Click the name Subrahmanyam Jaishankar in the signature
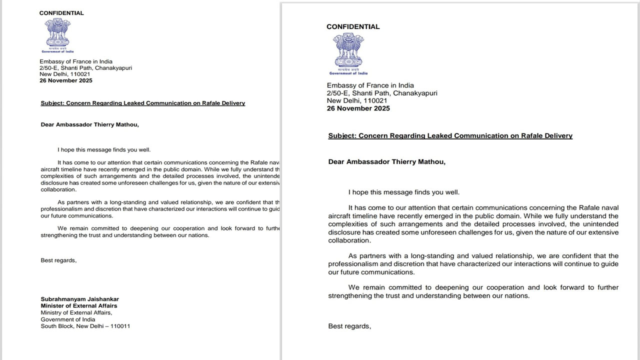pyautogui.click(x=79, y=299)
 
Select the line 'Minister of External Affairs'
pyautogui.click(x=79, y=306)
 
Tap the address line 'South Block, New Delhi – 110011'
pyautogui.click(x=85, y=326)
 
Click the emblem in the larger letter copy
pyautogui.click(x=348, y=52)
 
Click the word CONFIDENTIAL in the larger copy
pyautogui.click(x=353, y=26)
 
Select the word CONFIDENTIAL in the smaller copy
pyautogui.click(x=61, y=13)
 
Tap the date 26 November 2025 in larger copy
pyautogui.click(x=358, y=108)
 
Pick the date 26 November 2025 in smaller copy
pyautogui.click(x=66, y=80)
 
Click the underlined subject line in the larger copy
pyautogui.click(x=450, y=135)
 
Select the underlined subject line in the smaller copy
pyautogui.click(x=142, y=103)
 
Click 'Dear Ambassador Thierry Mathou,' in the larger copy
pyautogui.click(x=386, y=161)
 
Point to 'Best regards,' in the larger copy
pyautogui.click(x=349, y=326)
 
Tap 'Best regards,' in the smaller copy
pyautogui.click(x=58, y=260)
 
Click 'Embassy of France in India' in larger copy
pyautogui.click(x=370, y=85)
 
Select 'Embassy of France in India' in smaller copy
pyautogui.click(x=76, y=61)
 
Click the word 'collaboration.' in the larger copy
pyautogui.click(x=349, y=240)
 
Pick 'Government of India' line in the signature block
pyautogui.click(x=68, y=319)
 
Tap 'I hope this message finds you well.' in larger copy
pyautogui.click(x=403, y=192)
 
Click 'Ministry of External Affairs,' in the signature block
pyautogui.click(x=76, y=312)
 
